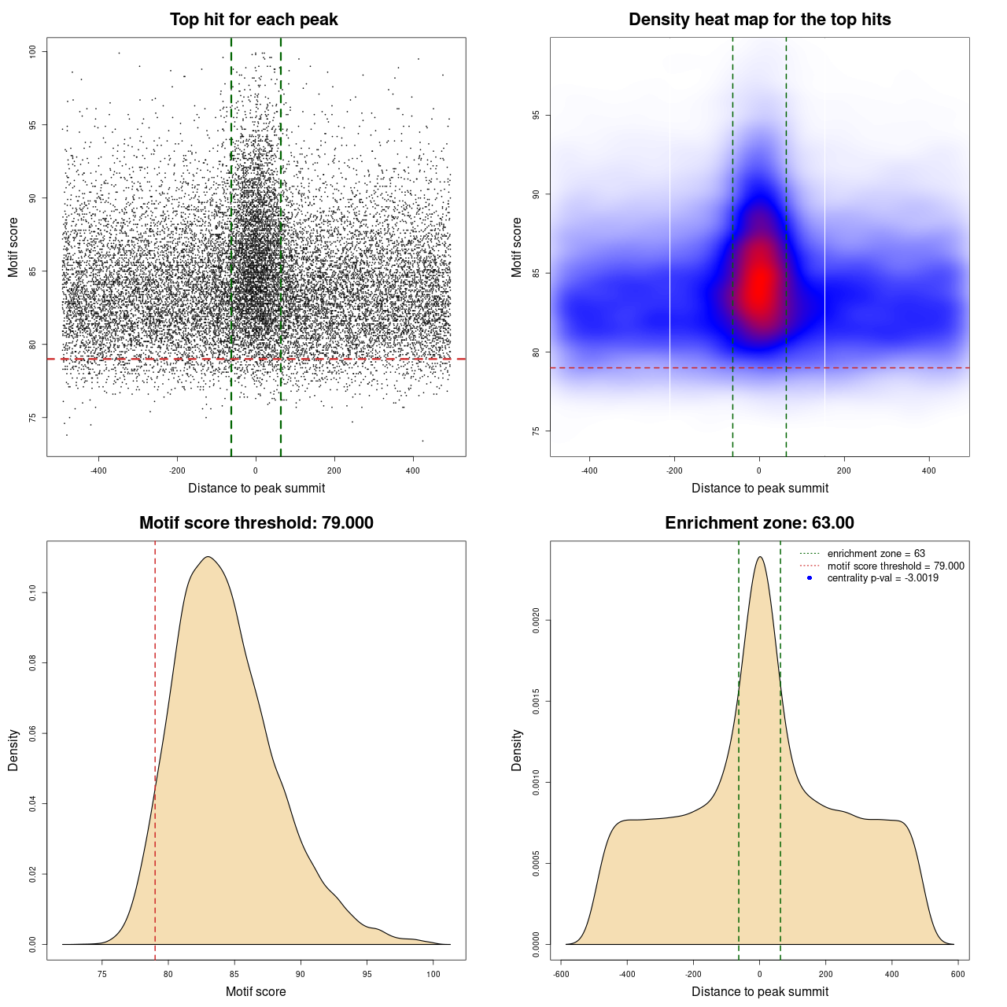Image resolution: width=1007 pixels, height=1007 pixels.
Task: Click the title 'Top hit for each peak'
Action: pos(253,20)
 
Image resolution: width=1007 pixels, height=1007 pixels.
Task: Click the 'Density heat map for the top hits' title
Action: pos(759,20)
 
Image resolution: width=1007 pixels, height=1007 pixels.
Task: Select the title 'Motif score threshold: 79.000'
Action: pos(256,523)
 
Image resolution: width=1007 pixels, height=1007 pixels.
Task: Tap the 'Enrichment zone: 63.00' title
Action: pos(759,523)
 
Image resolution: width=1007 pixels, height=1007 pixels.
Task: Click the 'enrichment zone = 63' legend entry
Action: pos(876,554)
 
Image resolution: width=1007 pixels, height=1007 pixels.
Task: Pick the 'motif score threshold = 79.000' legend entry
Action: pos(895,566)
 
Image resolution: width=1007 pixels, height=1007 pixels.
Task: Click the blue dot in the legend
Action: pos(810,578)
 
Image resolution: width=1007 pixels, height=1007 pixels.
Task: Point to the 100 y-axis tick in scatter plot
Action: pos(33,52)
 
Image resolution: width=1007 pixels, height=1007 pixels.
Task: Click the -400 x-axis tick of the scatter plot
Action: pos(98,470)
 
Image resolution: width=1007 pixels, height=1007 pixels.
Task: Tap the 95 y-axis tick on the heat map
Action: pos(537,116)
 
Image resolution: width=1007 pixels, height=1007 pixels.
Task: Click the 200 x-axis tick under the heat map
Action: pos(844,470)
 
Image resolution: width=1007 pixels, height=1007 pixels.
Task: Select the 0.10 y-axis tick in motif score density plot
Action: pos(33,592)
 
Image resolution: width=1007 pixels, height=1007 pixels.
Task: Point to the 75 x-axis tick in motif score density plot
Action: pos(101,974)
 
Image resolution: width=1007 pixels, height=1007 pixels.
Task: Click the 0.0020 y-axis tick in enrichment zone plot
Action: pos(537,621)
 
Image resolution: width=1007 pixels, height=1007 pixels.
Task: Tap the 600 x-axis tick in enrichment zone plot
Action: pos(957,974)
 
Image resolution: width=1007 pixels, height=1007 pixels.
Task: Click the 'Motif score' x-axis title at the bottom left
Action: pos(256,991)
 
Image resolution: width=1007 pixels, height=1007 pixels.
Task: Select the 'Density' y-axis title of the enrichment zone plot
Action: pos(517,750)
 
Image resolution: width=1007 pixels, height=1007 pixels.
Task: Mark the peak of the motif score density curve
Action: pos(208,557)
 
